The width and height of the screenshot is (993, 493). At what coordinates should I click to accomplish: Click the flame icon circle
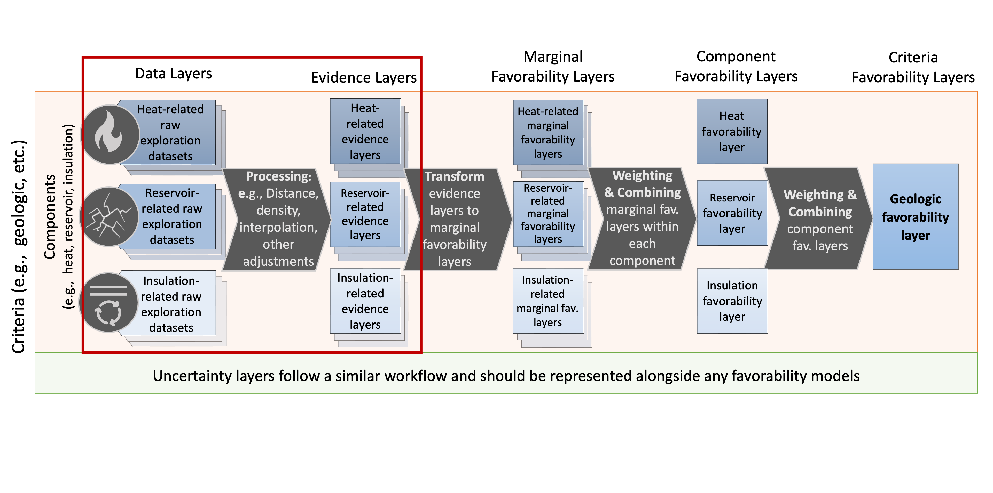tap(110, 134)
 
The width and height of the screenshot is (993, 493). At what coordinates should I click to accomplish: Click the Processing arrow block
tap(278, 219)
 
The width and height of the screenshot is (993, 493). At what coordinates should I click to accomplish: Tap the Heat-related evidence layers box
tap(365, 131)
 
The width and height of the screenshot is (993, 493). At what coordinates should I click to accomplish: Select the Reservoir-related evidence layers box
tap(365, 214)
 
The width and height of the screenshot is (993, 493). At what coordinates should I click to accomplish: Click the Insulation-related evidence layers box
tap(365, 301)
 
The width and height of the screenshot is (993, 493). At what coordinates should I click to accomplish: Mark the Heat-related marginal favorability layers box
tap(548, 133)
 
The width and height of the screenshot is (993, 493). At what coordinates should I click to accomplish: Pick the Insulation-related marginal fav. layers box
tap(548, 301)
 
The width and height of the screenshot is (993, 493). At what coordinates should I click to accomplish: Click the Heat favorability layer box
tap(732, 131)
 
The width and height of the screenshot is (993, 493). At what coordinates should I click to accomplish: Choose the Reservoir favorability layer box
tap(732, 213)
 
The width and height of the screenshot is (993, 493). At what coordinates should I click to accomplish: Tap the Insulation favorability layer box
tap(732, 301)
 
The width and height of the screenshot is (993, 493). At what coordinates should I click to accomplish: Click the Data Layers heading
tap(174, 74)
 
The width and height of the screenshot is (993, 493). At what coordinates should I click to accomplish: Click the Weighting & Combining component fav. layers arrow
tap(819, 219)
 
